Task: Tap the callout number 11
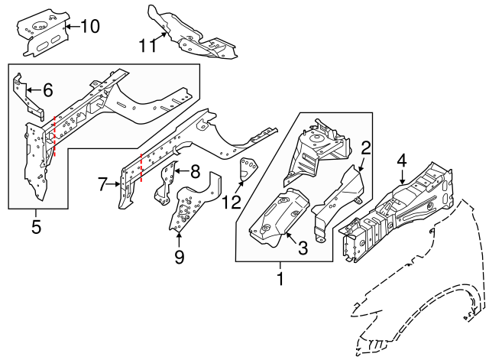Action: coord(147,46)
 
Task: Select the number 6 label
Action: coord(47,90)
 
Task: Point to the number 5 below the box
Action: coord(36,227)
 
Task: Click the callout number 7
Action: coord(102,183)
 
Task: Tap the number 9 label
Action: coord(179,257)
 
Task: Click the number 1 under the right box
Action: coord(280,280)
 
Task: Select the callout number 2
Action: coord(365,148)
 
